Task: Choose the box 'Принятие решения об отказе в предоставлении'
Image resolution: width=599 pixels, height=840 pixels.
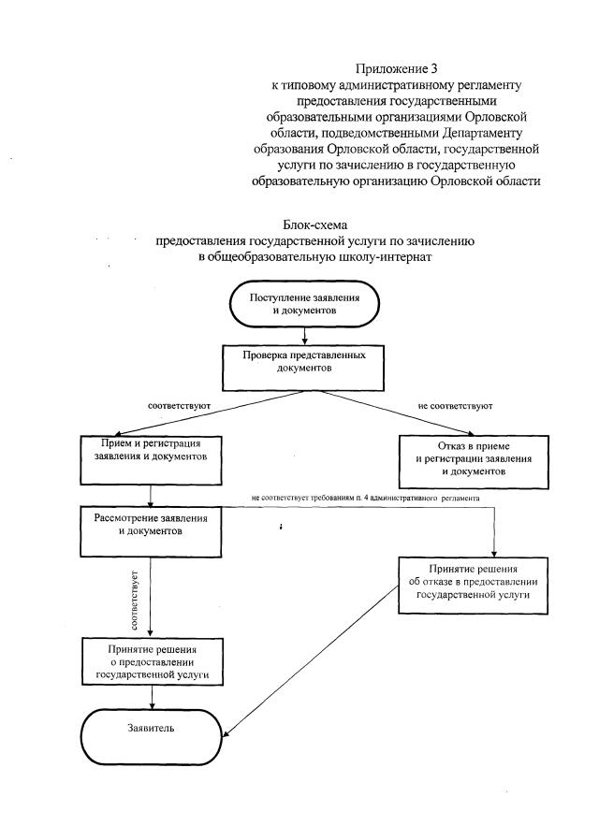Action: coord(468,580)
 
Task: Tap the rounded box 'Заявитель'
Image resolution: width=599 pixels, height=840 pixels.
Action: coord(151,726)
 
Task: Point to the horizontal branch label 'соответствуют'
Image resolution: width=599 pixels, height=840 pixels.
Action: coord(179,407)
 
